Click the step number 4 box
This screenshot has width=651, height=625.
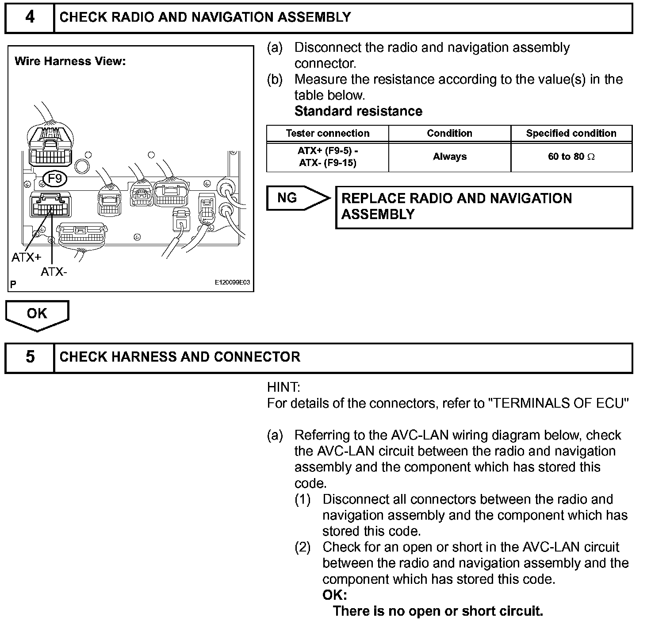30,18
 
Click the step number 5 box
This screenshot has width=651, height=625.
30,357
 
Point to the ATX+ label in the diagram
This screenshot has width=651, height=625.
26,257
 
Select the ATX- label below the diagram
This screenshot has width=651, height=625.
54,272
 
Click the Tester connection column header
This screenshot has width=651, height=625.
327,133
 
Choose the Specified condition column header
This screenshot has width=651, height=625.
571,133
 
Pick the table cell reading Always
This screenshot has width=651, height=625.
449,157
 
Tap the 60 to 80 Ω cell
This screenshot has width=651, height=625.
571,157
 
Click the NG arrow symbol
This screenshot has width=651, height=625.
298,198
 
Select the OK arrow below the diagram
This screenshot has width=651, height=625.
37,315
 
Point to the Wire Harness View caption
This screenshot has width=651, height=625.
70,61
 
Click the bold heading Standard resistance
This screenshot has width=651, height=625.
358,111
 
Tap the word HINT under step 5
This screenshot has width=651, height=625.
283,388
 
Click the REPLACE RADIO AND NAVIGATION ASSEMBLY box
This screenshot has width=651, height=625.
484,207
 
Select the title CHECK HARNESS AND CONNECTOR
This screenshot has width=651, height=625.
180,357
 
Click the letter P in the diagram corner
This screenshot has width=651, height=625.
13,284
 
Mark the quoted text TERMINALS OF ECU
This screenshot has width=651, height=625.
560,403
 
